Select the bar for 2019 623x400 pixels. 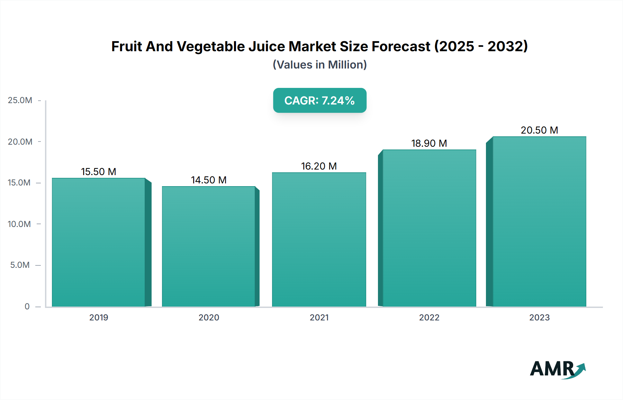click(x=99, y=242)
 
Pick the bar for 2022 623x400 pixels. click(x=429, y=228)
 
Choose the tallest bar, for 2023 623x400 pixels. click(x=539, y=221)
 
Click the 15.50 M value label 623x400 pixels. click(x=99, y=172)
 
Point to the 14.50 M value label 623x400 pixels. click(x=209, y=180)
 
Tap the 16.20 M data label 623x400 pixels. click(x=319, y=166)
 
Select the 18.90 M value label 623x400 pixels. click(x=429, y=143)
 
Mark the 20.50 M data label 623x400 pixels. click(x=539, y=130)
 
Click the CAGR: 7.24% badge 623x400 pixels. click(x=319, y=100)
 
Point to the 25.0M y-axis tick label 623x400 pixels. click(x=20, y=100)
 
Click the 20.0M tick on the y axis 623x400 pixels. click(x=20, y=142)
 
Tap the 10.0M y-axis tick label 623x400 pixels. click(x=19, y=224)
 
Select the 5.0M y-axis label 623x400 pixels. click(x=20, y=265)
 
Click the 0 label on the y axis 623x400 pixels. click(x=27, y=306)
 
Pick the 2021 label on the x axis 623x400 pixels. click(x=319, y=317)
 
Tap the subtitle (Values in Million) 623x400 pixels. click(x=319, y=65)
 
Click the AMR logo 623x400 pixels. click(x=557, y=369)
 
